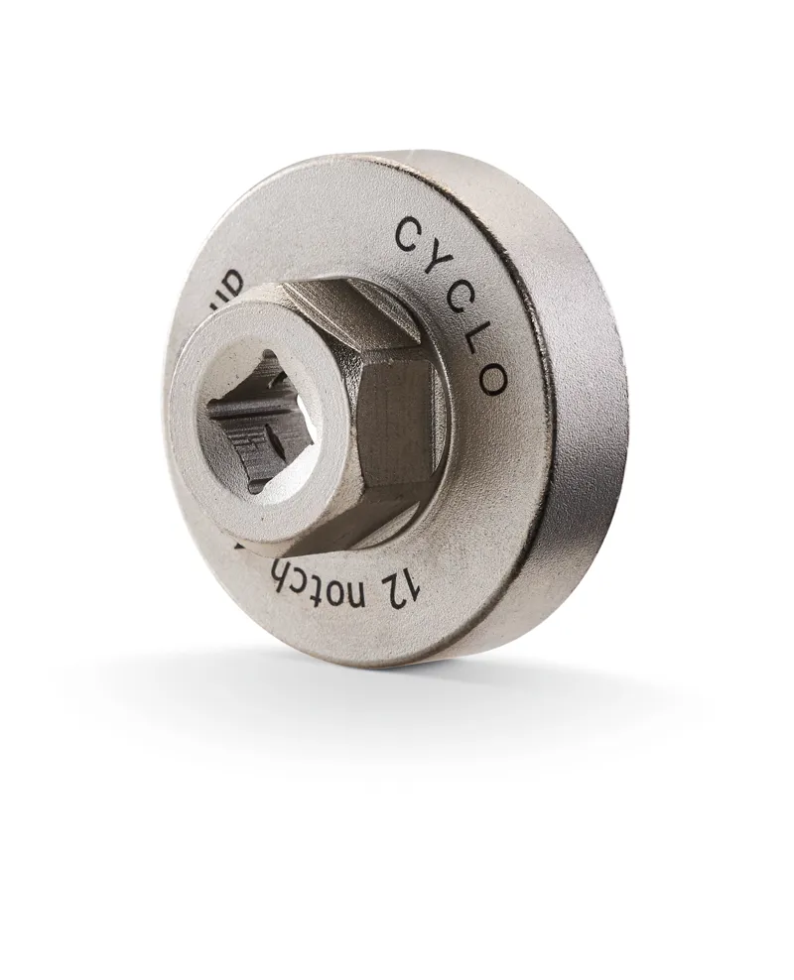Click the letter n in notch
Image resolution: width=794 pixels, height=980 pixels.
pos(385,590)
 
